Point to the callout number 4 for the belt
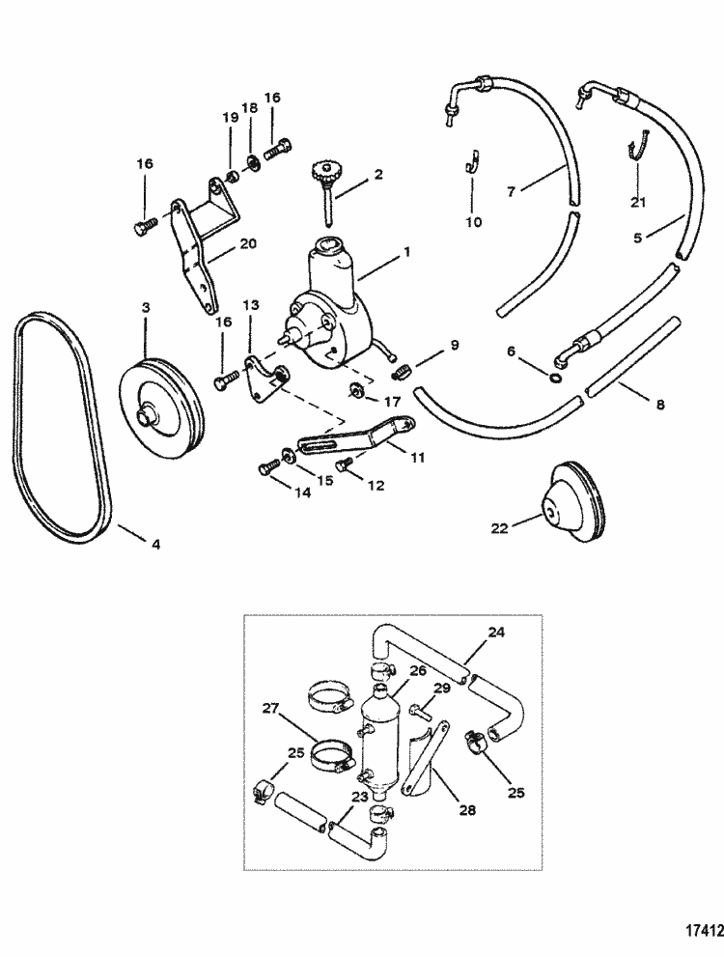point(154,544)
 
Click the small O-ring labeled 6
point(557,378)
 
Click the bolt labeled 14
point(267,468)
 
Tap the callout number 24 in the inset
point(495,633)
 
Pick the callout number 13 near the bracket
point(251,306)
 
